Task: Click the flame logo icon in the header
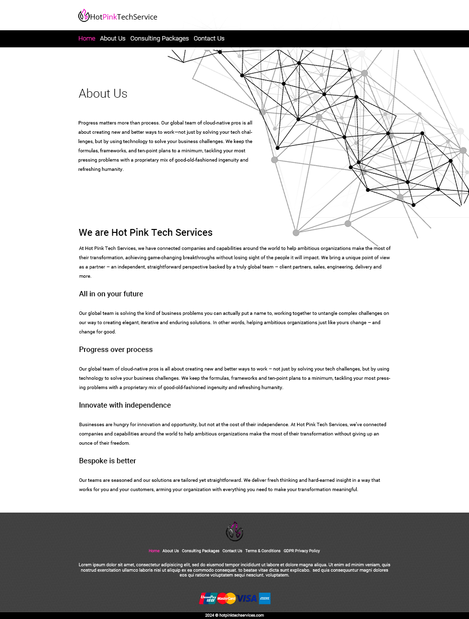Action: [84, 16]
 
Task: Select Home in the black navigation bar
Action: [86, 39]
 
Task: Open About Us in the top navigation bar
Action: [112, 39]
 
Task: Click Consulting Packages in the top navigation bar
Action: [159, 39]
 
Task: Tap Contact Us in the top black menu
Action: [209, 39]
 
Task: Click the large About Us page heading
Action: [103, 94]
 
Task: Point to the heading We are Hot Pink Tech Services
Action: [146, 232]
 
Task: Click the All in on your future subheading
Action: [111, 294]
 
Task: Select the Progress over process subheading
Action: [116, 350]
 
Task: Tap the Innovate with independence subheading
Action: [125, 405]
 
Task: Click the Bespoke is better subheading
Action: [107, 461]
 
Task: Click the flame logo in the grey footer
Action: [234, 532]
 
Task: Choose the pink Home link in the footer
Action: [154, 551]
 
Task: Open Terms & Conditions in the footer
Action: [263, 551]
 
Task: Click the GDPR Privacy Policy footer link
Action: [301, 551]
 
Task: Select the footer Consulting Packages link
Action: [200, 551]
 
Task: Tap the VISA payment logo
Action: [247, 598]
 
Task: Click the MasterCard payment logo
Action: [226, 598]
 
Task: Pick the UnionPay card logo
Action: [208, 598]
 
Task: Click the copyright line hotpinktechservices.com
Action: [234, 616]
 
